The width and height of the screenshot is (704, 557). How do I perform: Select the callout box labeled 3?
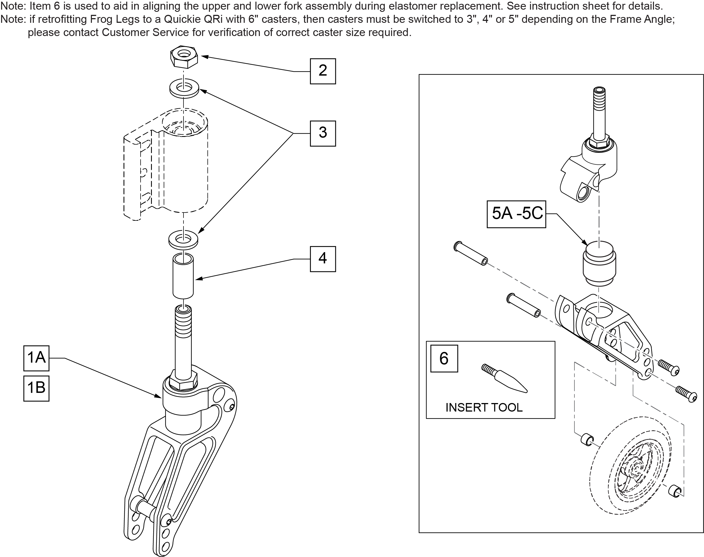tap(322, 133)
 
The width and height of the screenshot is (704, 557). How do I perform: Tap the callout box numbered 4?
tap(322, 259)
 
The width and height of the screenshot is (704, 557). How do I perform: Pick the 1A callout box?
tap(36, 358)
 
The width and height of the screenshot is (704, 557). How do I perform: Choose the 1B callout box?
tap(36, 388)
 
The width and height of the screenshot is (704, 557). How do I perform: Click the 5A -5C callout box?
tap(516, 214)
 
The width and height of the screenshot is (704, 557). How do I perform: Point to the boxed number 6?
tap(444, 359)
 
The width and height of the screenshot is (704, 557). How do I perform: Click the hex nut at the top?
tap(184, 56)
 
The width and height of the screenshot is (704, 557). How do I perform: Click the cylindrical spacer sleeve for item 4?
tap(183, 276)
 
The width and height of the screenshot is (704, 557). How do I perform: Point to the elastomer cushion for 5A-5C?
tap(599, 263)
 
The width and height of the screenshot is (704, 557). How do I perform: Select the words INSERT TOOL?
tap(484, 407)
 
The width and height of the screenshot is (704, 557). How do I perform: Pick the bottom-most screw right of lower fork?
tap(686, 394)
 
